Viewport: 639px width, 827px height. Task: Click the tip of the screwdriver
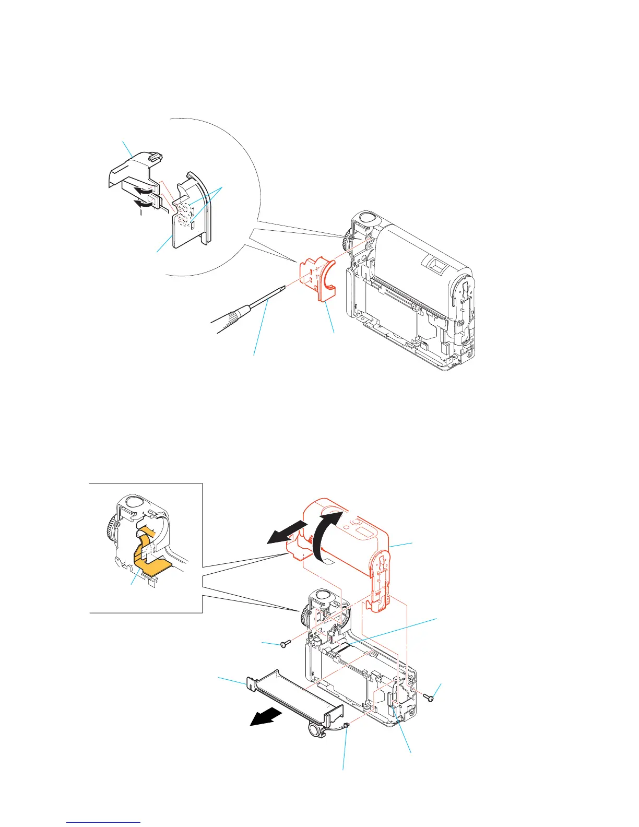coord(283,287)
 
